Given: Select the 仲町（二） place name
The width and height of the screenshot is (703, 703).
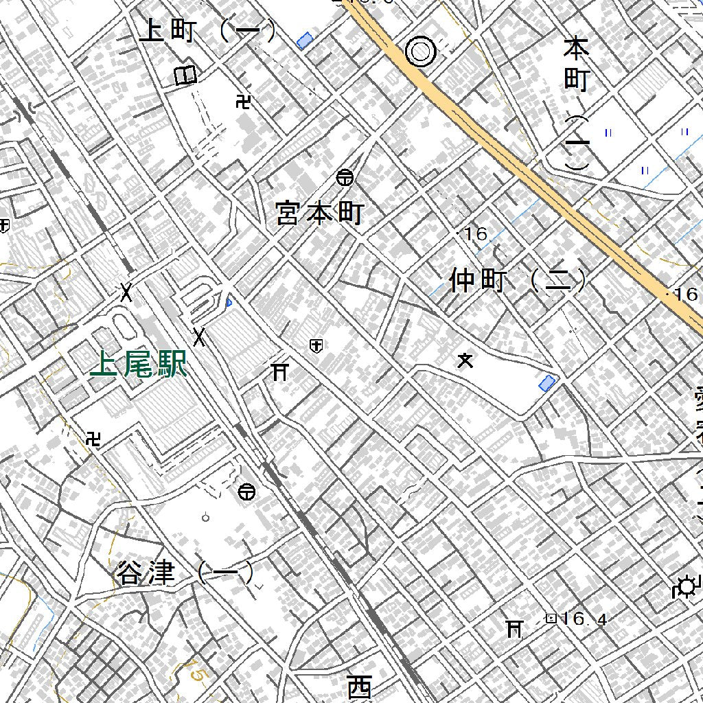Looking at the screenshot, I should point(518,280).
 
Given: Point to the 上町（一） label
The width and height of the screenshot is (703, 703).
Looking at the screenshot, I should point(207,32).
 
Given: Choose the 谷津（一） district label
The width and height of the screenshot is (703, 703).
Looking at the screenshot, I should point(185,573).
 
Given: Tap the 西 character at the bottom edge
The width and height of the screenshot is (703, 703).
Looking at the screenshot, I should point(359,686).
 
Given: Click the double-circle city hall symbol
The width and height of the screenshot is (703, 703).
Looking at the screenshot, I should point(420,51).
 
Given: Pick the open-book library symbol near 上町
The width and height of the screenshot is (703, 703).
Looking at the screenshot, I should point(185,75).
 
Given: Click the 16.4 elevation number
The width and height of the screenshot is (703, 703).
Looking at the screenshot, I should point(584,619).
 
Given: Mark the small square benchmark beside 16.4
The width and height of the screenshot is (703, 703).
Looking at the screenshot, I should point(550,619).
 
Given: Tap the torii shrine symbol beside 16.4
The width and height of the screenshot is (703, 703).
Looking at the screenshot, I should point(514,627).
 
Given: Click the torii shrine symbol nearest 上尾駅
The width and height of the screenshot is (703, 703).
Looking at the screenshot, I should point(279,372).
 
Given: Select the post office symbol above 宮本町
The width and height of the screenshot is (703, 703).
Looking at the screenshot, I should point(345,178).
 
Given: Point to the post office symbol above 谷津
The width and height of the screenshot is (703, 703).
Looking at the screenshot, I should point(246,492).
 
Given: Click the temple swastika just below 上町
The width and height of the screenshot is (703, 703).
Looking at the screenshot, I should point(242,102).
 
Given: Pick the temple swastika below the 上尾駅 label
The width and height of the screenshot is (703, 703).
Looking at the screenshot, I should point(94,439).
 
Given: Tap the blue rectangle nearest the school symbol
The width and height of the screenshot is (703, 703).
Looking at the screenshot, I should point(547,383).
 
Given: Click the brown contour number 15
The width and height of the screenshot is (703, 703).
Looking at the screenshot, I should point(197,675).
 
